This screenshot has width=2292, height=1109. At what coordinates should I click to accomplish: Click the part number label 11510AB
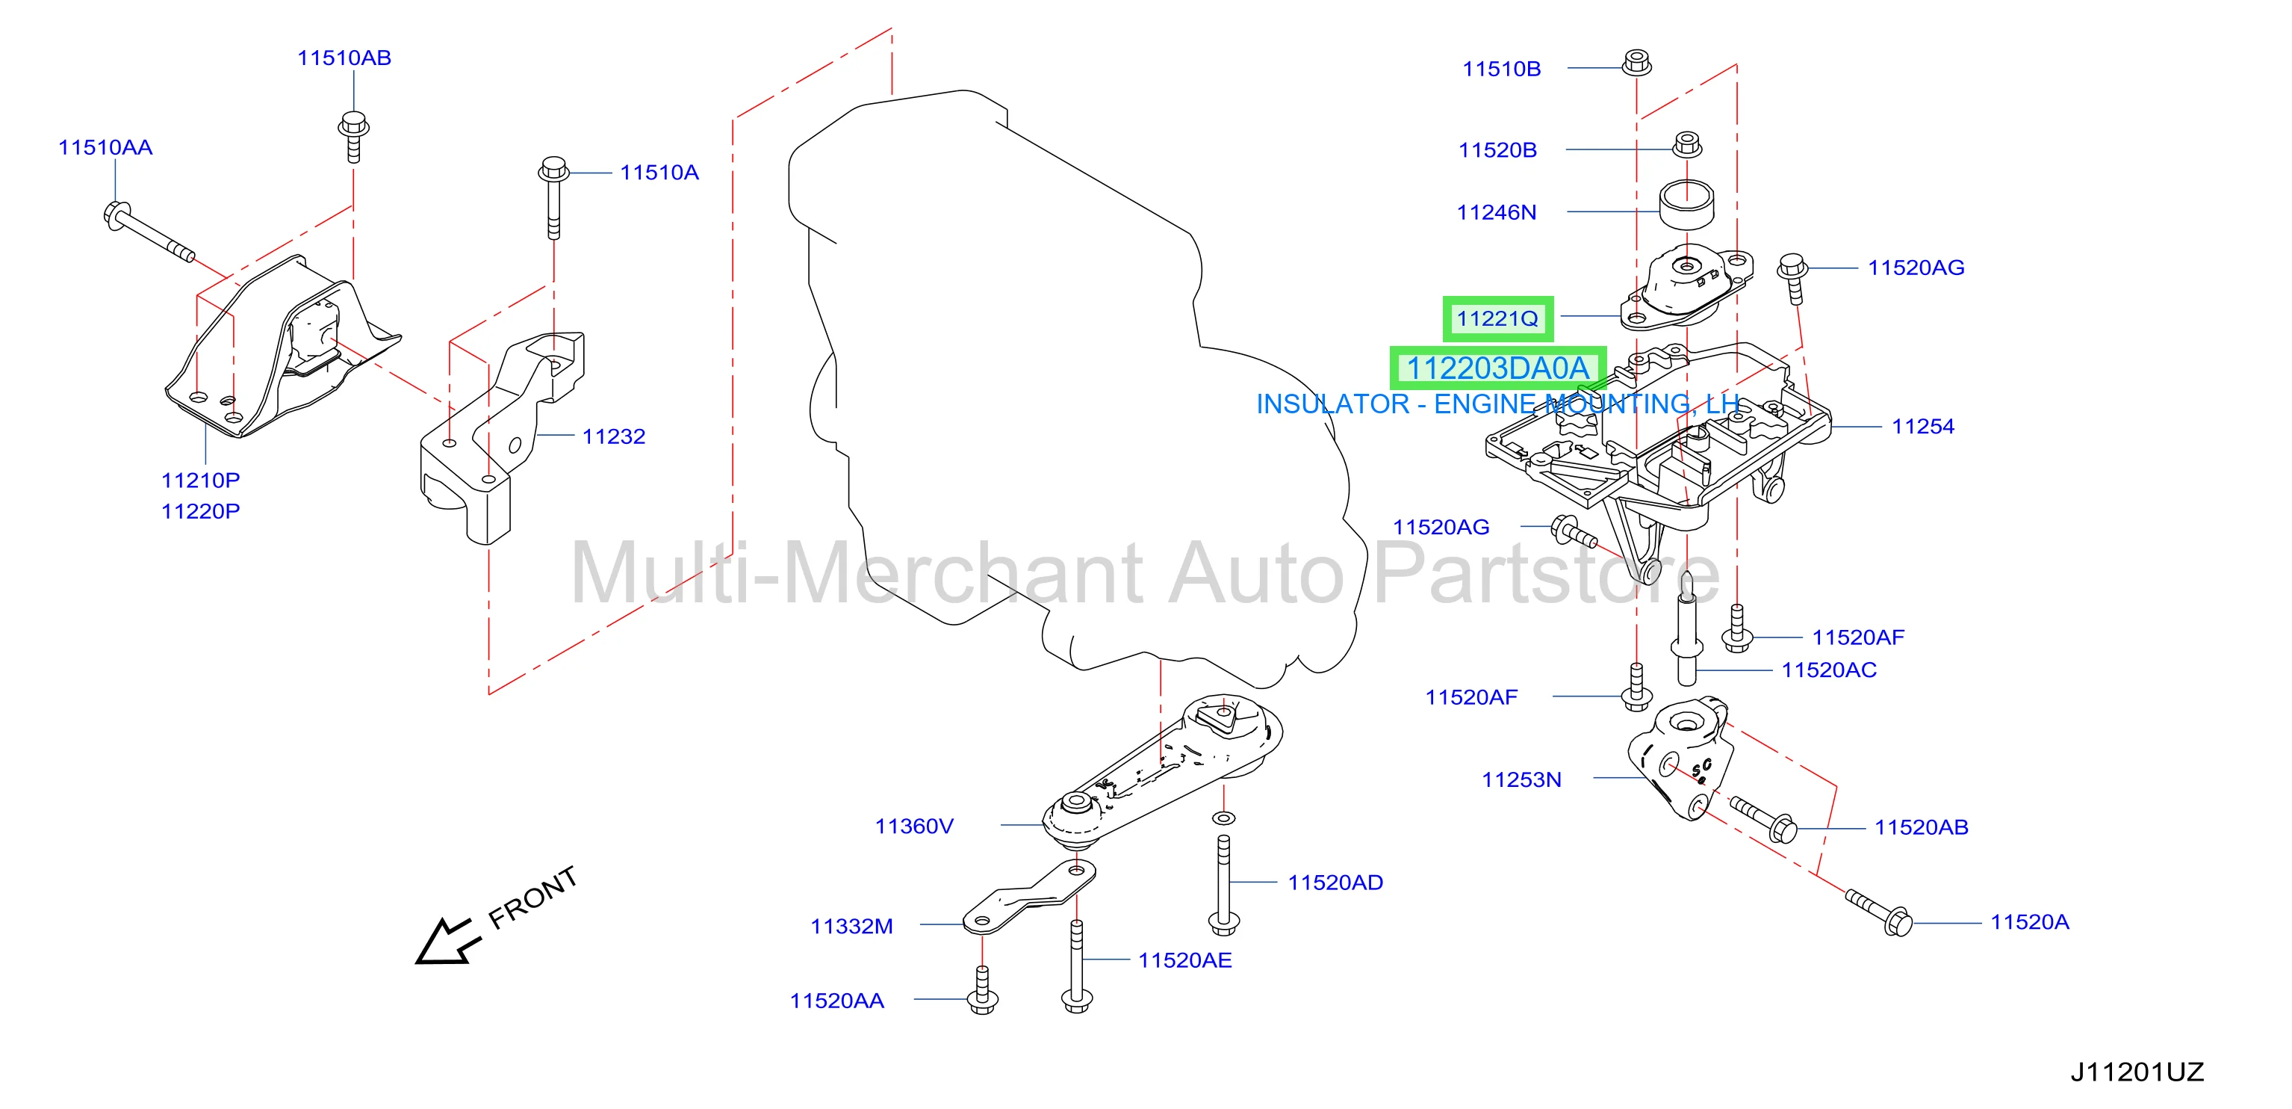344,58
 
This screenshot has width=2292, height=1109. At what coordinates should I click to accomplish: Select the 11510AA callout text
105,148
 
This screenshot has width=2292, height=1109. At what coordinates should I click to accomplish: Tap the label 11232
613,436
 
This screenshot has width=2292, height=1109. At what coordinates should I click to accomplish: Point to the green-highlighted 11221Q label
1497,318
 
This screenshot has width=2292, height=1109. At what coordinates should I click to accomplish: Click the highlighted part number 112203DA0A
1497,368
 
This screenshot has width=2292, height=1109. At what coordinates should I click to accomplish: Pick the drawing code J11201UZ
2137,1072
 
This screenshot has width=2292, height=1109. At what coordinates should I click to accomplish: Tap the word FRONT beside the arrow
533,898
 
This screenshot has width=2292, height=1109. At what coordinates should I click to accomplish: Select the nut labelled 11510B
1636,64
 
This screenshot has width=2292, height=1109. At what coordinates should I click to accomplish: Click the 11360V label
914,826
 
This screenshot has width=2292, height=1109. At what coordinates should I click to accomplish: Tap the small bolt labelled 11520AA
982,989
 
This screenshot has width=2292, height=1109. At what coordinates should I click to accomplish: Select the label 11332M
851,927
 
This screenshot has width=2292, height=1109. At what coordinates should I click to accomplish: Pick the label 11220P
200,511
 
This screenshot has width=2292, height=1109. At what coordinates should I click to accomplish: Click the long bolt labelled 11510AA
149,232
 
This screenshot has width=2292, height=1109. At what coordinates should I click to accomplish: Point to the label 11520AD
1335,883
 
